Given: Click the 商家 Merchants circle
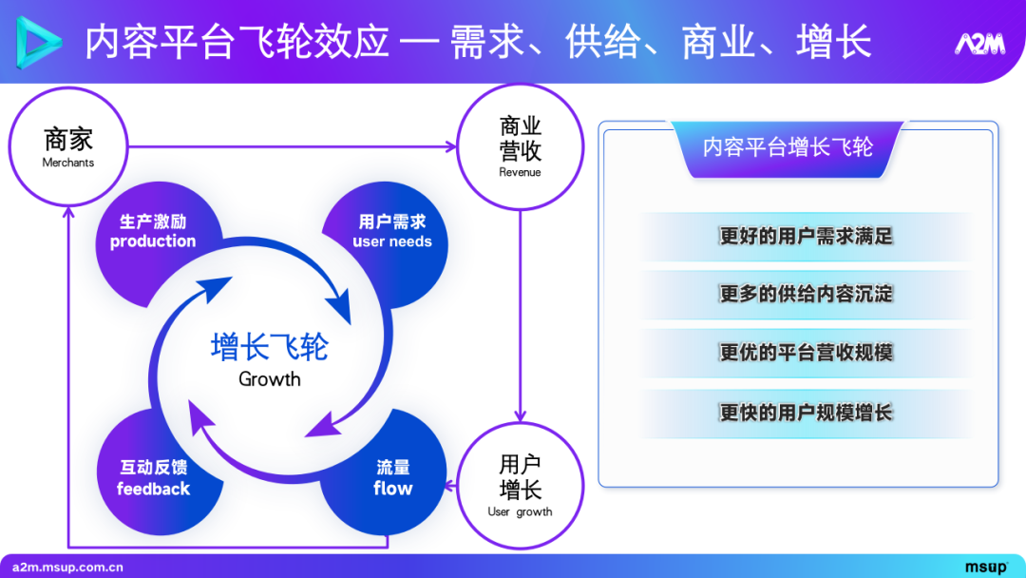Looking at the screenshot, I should click(68, 146).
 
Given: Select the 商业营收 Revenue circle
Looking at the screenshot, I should click(520, 146).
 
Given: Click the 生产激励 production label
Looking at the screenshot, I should click(153, 231).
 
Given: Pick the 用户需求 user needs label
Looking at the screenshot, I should click(392, 231).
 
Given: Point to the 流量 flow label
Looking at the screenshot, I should click(392, 478).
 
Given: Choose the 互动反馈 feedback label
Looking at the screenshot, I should click(153, 478).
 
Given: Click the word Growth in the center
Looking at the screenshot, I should click(270, 379).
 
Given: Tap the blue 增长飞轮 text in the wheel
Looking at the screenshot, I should click(270, 347).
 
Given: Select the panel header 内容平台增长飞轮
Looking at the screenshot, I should click(788, 146).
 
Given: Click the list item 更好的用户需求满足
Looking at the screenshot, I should click(806, 236).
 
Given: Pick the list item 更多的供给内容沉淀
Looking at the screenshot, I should click(806, 294).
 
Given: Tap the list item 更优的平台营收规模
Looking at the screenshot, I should click(806, 353).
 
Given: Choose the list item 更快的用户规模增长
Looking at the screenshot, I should click(806, 413).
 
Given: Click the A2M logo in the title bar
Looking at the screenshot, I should click(978, 44).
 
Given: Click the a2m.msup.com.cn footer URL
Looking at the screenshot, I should click(68, 568).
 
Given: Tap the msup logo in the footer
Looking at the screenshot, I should click(986, 568).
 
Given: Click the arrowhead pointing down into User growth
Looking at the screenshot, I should click(520, 415).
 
